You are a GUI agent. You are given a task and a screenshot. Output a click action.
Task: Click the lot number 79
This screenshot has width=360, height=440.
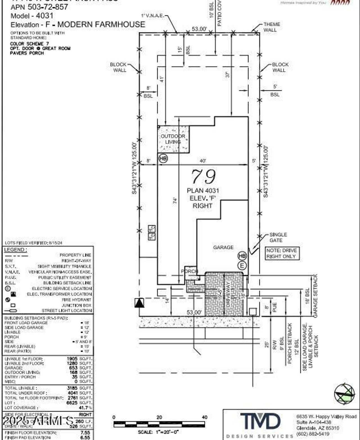point(204,177)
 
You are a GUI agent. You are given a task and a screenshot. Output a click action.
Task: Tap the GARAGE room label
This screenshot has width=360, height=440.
point(223,247)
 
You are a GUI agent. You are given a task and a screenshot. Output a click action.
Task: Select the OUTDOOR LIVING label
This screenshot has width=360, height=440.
point(173,139)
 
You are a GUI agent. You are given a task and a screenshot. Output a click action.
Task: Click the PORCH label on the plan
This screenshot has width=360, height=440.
point(189,271)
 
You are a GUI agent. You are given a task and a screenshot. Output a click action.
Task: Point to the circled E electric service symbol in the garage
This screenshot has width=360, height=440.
point(242,265)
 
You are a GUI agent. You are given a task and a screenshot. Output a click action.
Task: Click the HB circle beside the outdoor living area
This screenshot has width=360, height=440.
point(163,159)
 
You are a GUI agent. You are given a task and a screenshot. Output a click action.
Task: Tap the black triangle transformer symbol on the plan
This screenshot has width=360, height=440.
point(139,303)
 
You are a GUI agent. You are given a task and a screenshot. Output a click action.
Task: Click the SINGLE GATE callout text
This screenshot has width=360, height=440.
point(278,237)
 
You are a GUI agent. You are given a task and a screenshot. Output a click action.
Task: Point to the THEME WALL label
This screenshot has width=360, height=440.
point(271,27)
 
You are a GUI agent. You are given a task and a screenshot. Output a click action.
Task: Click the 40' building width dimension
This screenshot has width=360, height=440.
point(203,161)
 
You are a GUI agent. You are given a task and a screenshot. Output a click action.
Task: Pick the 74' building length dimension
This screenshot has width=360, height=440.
point(175,200)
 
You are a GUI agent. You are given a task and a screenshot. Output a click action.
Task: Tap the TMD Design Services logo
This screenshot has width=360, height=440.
point(260,422)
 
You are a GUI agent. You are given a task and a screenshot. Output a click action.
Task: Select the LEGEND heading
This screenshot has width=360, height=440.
point(15,250)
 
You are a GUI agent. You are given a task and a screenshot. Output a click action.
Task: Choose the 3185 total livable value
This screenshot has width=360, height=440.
point(72,388)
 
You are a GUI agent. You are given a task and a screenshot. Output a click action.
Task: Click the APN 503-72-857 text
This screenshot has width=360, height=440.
point(39,7)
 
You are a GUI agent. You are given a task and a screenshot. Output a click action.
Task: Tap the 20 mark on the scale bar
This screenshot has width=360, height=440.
point(159,417)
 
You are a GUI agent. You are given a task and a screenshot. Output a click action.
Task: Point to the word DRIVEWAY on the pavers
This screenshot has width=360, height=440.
point(228,294)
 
